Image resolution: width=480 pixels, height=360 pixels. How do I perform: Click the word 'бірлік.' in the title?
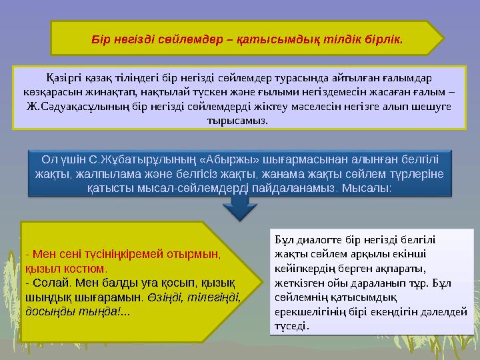coord(383,38)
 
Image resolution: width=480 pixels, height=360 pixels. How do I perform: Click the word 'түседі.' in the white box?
coord(291,326)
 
